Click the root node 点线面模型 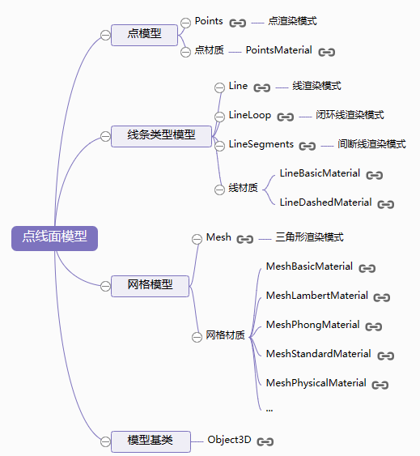click(x=55, y=238)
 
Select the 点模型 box click(x=144, y=35)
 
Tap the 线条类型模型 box click(x=161, y=136)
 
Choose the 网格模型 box click(x=150, y=286)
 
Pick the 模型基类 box click(x=151, y=441)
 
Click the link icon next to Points click(x=237, y=23)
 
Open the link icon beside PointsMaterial click(x=327, y=52)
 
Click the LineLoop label click(x=250, y=115)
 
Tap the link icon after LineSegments click(x=308, y=146)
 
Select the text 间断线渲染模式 click(x=371, y=144)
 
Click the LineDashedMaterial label click(x=325, y=202)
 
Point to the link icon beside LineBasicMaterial click(x=375, y=175)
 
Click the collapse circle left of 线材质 click(x=219, y=190)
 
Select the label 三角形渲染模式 click(x=310, y=237)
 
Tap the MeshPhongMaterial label click(x=312, y=325)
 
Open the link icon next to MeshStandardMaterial click(x=386, y=356)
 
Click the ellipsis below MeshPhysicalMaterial click(x=269, y=410)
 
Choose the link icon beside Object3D click(x=265, y=441)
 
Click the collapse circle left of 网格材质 click(x=197, y=337)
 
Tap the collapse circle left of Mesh click(x=197, y=239)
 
